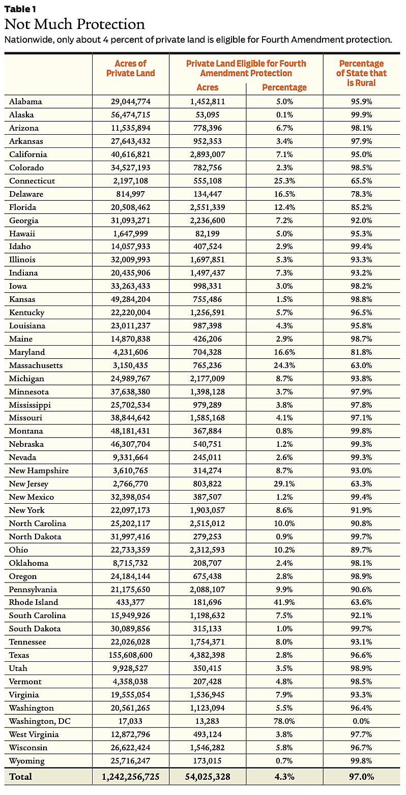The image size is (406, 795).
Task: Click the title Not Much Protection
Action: click(x=75, y=24)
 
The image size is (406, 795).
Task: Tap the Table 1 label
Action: click(x=20, y=9)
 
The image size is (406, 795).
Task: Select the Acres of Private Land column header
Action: click(x=130, y=68)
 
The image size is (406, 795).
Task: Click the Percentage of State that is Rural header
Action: click(x=361, y=73)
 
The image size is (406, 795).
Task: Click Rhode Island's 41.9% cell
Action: click(x=284, y=602)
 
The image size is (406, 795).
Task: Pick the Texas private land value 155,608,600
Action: click(x=130, y=655)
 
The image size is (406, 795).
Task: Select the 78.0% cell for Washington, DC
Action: click(x=284, y=721)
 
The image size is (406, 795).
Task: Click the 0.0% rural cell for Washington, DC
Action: click(x=361, y=721)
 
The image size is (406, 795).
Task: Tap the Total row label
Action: click(x=20, y=776)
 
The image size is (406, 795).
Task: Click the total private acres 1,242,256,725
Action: click(x=130, y=776)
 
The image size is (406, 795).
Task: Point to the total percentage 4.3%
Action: click(x=284, y=776)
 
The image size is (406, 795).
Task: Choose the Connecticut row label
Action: click(x=32, y=181)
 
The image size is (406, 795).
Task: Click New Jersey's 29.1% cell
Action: click(x=284, y=484)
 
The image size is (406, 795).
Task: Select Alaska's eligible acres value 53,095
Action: click(x=207, y=115)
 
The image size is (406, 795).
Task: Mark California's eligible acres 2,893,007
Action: click(x=207, y=155)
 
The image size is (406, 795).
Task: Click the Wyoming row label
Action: click(x=27, y=761)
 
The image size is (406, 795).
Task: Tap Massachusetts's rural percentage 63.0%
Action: click(x=361, y=365)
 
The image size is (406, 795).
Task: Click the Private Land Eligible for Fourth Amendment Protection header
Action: click(x=246, y=68)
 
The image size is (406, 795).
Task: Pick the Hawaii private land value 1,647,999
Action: click(x=130, y=234)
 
